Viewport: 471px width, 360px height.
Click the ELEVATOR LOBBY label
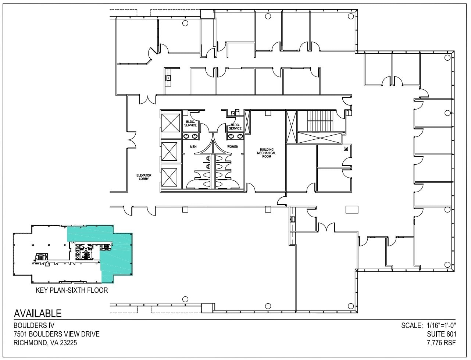pyautogui.click(x=143, y=177)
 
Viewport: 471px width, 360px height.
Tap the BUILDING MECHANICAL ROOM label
pyautogui.click(x=267, y=153)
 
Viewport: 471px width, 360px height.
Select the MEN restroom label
pyautogui.click(x=193, y=147)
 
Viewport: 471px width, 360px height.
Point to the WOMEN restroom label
pyautogui.click(x=232, y=147)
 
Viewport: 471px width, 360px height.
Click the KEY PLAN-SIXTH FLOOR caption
pyautogui.click(x=72, y=290)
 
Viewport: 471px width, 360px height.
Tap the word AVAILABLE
pyautogui.click(x=38, y=313)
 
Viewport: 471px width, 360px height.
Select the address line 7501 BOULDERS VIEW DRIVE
pyautogui.click(x=56, y=334)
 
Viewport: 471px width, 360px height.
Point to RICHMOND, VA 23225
pyautogui.click(x=45, y=343)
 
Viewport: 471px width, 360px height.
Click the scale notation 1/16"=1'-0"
pyautogui.click(x=441, y=325)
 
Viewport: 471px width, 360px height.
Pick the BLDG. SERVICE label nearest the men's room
pyautogui.click(x=190, y=123)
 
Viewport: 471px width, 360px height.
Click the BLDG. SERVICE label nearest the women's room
pyautogui.click(x=235, y=126)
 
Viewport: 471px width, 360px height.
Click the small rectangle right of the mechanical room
pyautogui.click(x=352, y=209)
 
